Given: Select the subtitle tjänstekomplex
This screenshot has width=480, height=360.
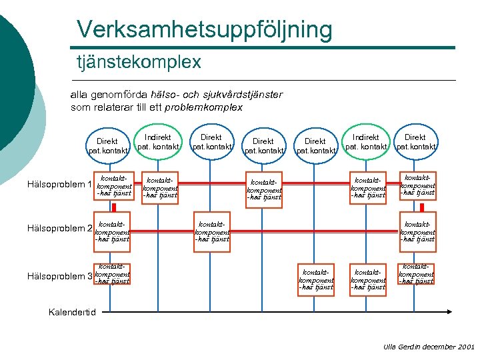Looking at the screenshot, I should pos(138,62).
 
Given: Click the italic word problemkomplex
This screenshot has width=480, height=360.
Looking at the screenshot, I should pos(203,107).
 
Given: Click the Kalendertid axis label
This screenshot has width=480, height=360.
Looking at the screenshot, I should pos(72,312).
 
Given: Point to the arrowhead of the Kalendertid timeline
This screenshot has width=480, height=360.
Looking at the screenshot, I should pos(452,311).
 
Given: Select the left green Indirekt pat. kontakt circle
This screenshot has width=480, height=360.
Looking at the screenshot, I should pos(158,141).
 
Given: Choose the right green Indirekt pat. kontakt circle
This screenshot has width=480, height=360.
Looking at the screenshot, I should pos(366,141).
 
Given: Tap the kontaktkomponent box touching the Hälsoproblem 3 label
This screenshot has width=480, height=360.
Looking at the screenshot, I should pos(112,273).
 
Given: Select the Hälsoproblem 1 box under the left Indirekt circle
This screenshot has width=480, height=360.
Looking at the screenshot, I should pos(161,188).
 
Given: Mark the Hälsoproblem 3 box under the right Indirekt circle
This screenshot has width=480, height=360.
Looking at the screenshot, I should pos(368,279).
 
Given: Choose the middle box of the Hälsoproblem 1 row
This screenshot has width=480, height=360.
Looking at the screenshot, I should pos(264,189).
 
